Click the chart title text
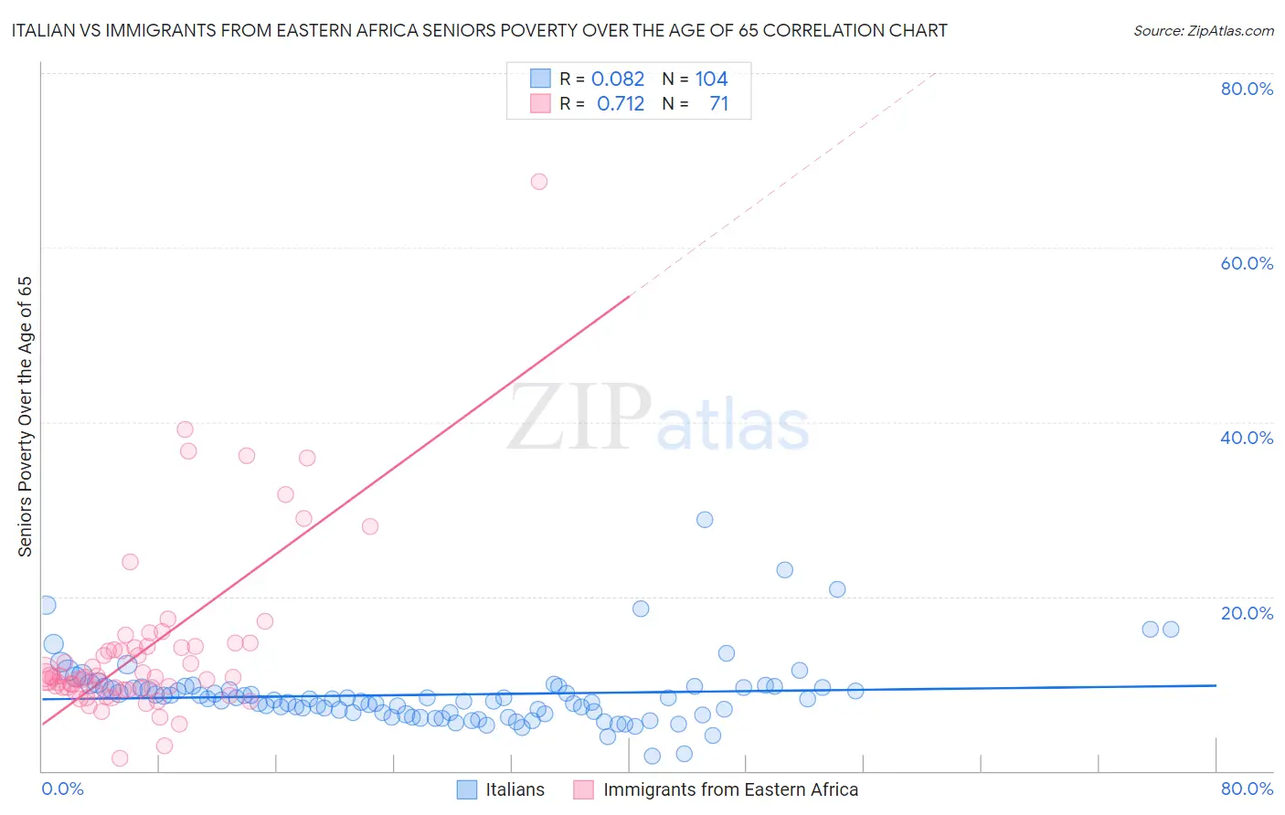click(480, 30)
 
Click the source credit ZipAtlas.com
click(1203, 30)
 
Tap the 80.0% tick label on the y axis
click(1247, 89)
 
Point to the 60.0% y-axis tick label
click(1247, 263)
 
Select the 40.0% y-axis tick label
click(1247, 438)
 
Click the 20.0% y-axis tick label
click(1247, 612)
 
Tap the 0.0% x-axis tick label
click(63, 789)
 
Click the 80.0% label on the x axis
click(1247, 789)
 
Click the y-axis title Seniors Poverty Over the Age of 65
click(25, 416)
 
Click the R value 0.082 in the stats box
click(618, 79)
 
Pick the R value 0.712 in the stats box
click(621, 103)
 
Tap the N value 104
click(711, 79)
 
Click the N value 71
click(719, 103)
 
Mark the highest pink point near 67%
click(539, 182)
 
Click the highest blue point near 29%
click(705, 519)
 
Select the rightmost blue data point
click(1171, 629)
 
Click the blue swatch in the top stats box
click(540, 79)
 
